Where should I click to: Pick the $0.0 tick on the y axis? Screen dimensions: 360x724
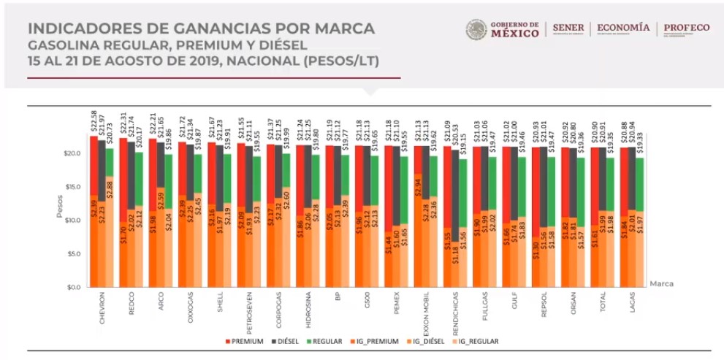click(x=72, y=288)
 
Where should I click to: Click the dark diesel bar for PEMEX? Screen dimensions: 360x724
click(x=396, y=183)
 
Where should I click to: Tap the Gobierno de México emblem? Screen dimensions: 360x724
click(x=476, y=29)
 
